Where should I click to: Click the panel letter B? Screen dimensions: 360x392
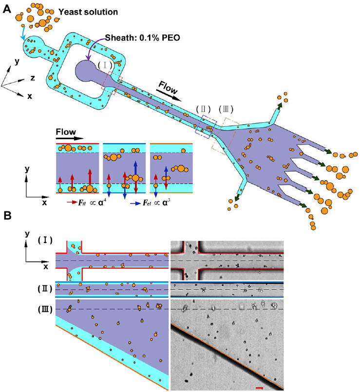(x=7, y=216)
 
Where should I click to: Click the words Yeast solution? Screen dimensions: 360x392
(x=88, y=12)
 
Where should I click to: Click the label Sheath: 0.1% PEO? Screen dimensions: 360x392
(x=142, y=37)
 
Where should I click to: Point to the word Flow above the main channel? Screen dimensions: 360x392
(x=168, y=88)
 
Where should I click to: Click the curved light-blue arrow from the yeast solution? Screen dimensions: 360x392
(x=23, y=33)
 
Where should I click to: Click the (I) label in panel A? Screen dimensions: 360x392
(x=105, y=66)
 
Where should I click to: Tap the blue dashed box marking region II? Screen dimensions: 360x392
(x=206, y=127)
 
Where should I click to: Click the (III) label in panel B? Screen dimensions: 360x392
(x=45, y=309)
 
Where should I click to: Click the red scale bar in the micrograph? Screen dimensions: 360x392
(x=260, y=388)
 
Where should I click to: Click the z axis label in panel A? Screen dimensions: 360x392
(x=33, y=78)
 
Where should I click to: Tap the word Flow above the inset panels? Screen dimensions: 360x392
(x=66, y=131)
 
